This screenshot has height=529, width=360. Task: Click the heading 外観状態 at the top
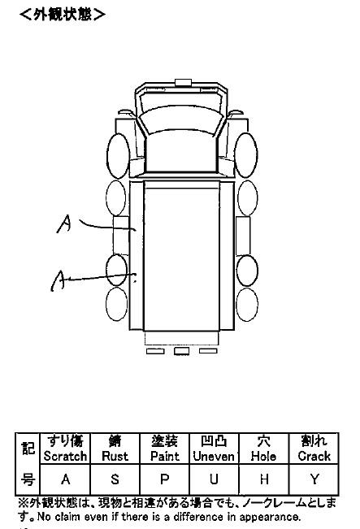63,14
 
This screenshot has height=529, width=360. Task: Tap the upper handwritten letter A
64,224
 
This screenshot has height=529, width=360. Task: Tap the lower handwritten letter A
58,280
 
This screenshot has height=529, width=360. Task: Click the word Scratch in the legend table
66,456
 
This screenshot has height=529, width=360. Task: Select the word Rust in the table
115,456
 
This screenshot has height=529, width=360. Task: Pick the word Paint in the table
165,456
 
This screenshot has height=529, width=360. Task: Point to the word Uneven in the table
214,456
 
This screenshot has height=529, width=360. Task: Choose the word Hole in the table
263,456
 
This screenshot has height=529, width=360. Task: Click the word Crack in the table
314,456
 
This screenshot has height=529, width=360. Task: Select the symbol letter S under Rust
115,479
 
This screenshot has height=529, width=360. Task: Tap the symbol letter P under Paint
165,479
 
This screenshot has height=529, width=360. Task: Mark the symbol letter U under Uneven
214,479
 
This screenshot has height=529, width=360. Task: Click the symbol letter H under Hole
264,479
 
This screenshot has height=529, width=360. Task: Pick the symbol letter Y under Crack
314,479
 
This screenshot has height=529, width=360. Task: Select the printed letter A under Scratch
66,479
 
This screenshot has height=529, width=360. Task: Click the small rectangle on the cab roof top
183,83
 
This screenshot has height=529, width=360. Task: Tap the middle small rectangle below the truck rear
181,351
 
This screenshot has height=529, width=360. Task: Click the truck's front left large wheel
118,156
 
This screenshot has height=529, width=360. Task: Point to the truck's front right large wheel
246,155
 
